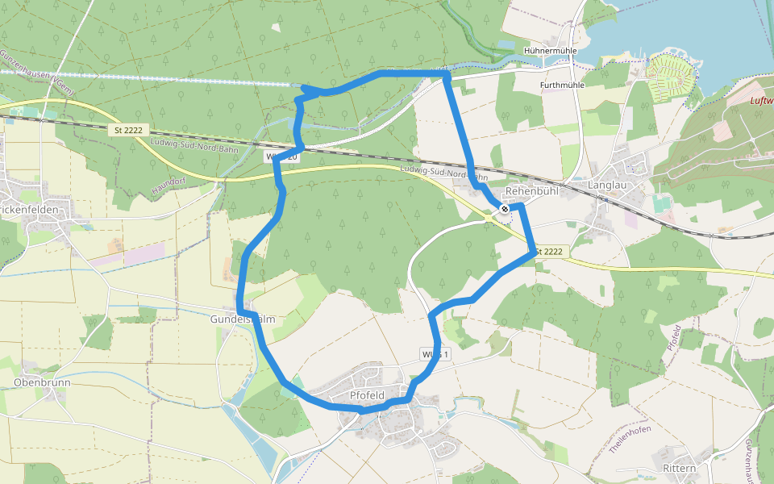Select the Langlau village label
point(607,185)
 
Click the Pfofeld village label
point(368,395)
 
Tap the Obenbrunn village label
point(42,382)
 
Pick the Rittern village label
point(678,469)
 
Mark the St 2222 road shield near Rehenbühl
point(547,252)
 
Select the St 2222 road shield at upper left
point(129,129)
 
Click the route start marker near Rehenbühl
point(505,209)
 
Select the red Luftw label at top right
point(761,101)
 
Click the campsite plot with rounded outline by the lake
point(672,72)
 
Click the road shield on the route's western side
point(282,157)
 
